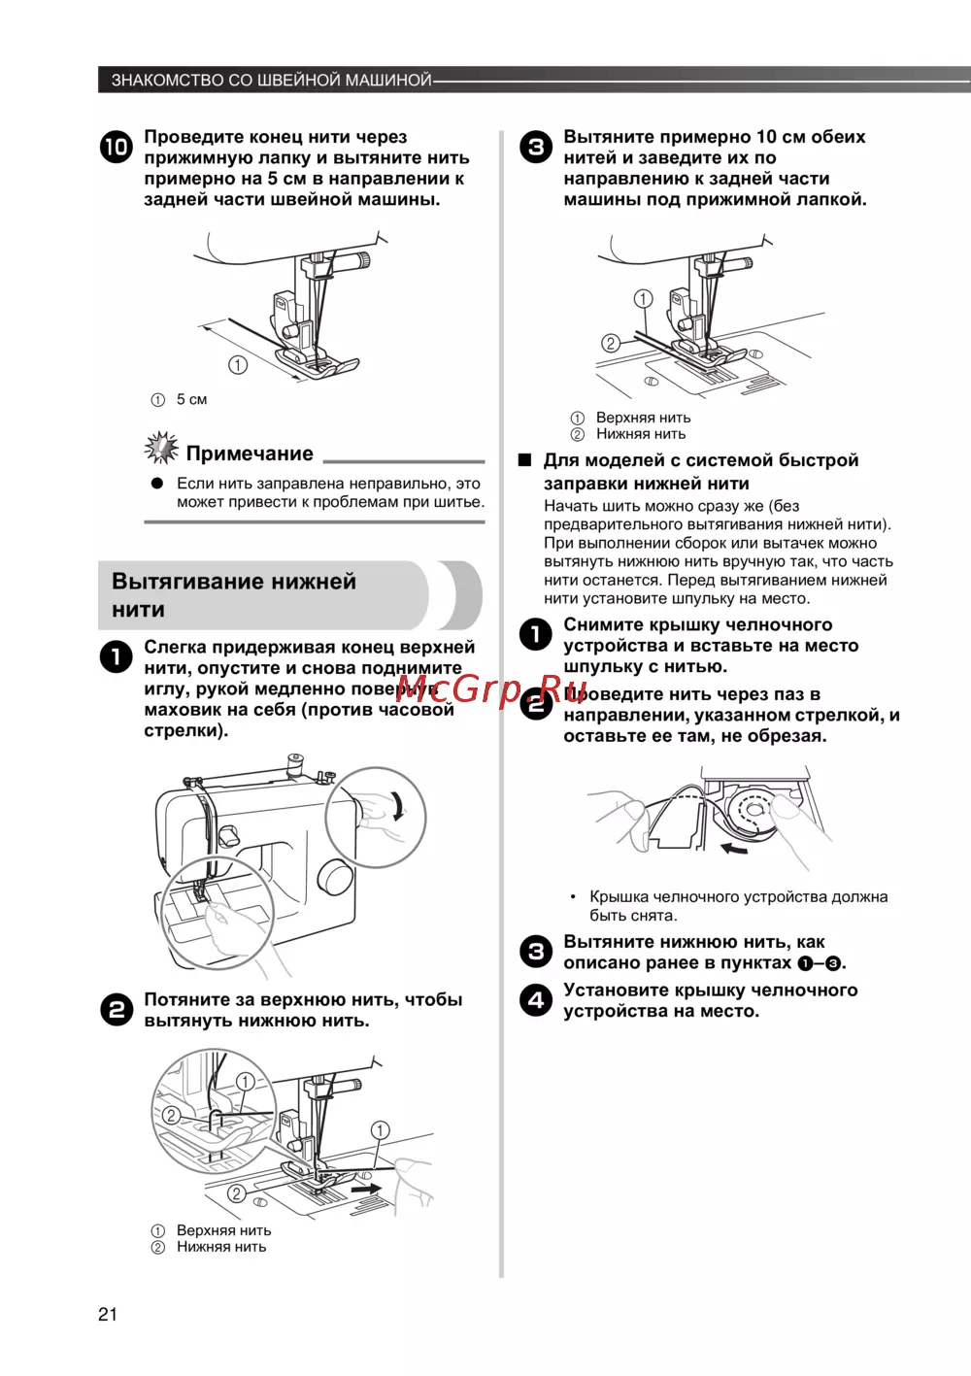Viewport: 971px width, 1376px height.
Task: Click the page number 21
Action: click(108, 1314)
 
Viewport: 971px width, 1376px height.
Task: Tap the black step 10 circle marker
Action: click(116, 147)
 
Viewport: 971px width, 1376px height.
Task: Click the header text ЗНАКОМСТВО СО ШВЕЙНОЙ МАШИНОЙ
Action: click(271, 80)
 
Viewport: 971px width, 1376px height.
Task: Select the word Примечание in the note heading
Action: click(250, 453)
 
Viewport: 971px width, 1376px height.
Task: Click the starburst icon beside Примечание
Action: click(161, 449)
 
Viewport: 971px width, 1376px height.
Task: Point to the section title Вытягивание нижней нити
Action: click(234, 595)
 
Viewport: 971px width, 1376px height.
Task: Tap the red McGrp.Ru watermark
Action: click(491, 689)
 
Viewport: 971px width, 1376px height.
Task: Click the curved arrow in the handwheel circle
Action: click(399, 806)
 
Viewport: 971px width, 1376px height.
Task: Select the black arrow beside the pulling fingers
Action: click(365, 1187)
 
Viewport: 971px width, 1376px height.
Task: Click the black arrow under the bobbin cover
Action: click(734, 849)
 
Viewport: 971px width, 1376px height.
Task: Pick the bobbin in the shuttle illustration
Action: click(752, 807)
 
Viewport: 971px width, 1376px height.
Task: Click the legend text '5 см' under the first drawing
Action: click(191, 399)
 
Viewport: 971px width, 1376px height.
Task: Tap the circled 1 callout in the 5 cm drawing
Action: click(238, 365)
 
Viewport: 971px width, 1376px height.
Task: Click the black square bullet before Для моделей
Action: click(525, 460)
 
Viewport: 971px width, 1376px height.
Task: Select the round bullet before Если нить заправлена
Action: click(157, 484)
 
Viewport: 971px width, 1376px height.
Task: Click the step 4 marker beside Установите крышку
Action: click(535, 999)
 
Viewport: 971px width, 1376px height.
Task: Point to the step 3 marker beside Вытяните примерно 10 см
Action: click(535, 147)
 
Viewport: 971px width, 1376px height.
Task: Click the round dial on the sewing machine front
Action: click(336, 875)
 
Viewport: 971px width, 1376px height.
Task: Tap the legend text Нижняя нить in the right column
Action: click(641, 434)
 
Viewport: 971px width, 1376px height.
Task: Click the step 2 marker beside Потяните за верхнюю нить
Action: click(116, 1010)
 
